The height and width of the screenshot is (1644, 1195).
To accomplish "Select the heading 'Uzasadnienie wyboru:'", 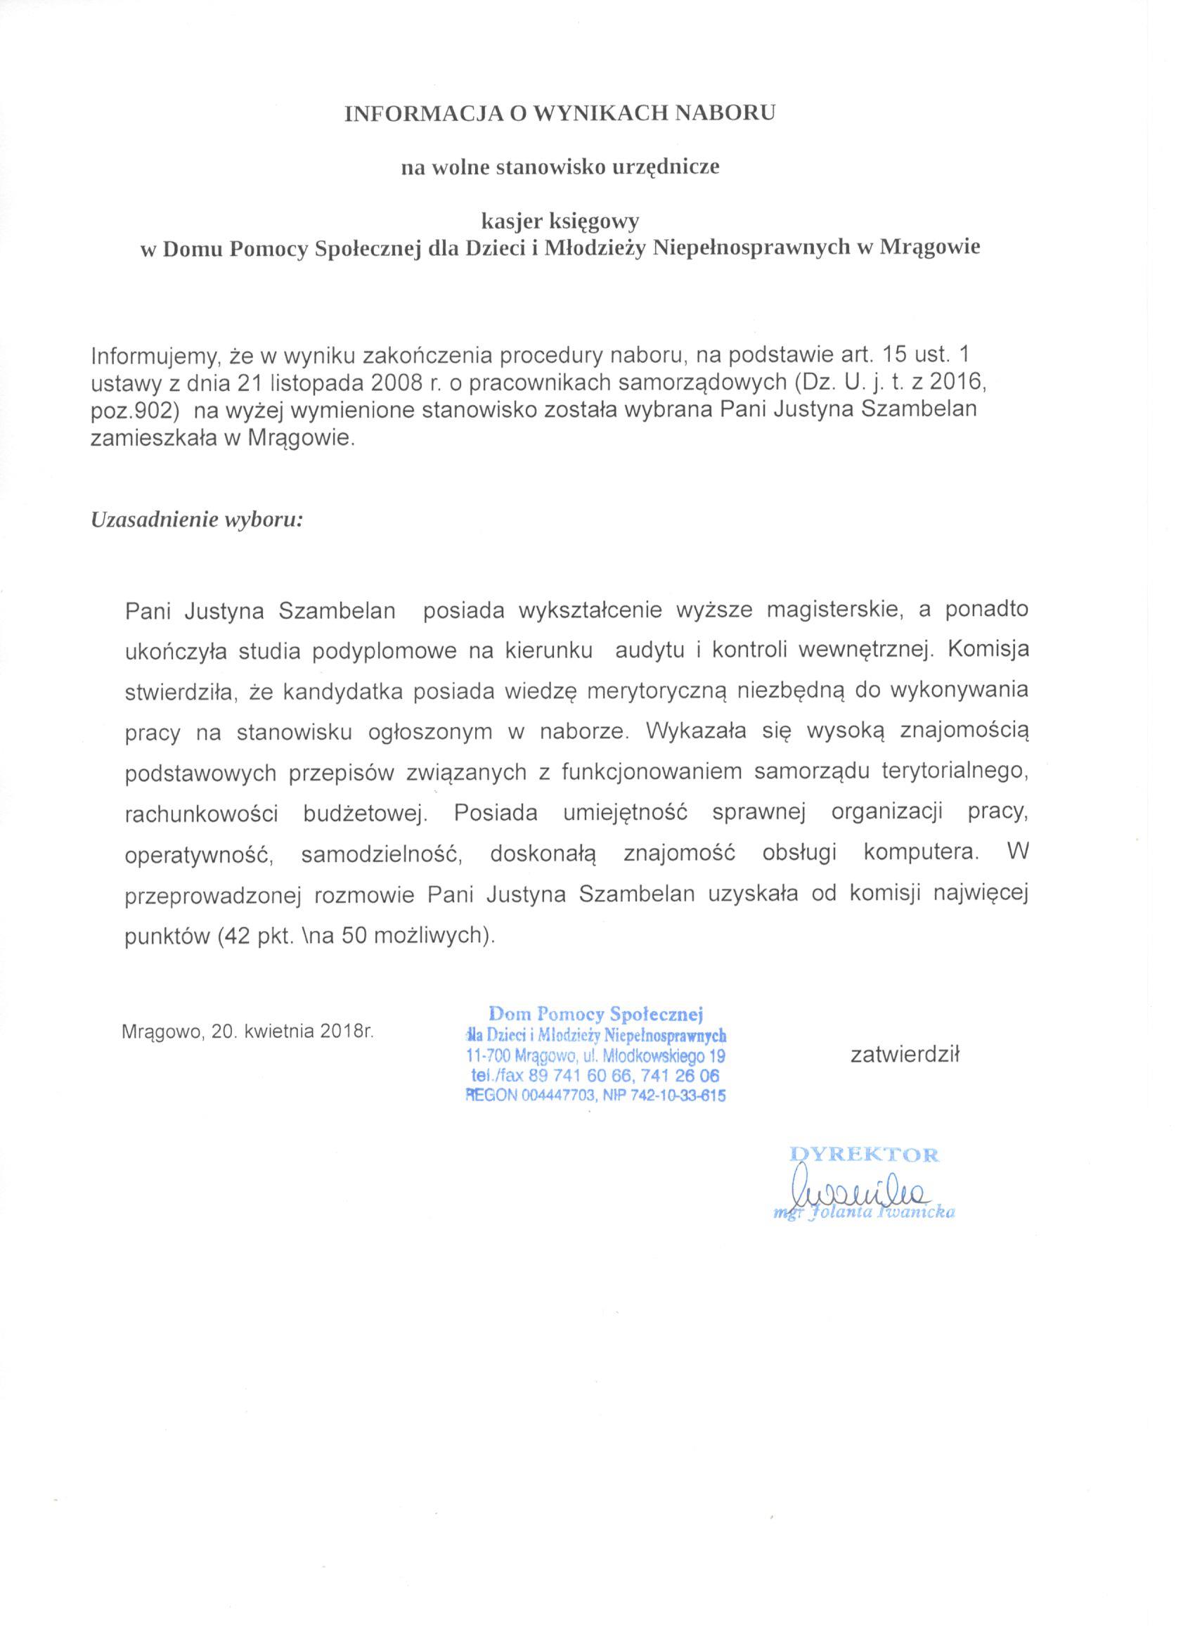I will point(196,520).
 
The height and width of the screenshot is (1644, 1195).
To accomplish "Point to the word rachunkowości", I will point(202,814).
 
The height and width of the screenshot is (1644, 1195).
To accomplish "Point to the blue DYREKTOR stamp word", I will point(864,1155).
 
